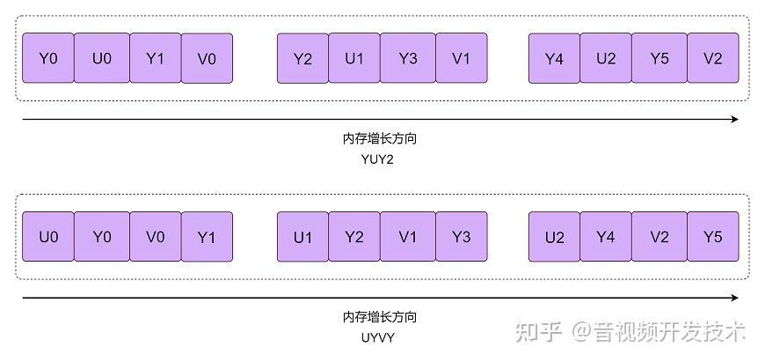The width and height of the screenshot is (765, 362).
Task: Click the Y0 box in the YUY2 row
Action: point(48,59)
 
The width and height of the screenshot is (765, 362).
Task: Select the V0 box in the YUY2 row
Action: point(207,59)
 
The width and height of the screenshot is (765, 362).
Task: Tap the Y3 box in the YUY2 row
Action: point(407,59)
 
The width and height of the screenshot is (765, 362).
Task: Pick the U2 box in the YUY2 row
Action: point(606,59)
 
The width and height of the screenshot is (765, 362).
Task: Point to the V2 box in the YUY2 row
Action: point(712,59)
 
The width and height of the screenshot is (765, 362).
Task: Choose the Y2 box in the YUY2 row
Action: point(302,59)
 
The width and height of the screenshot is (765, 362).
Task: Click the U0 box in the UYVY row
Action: point(48,237)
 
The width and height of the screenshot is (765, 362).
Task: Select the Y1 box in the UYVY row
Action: point(207,237)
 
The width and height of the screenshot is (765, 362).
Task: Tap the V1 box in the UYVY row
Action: point(407,237)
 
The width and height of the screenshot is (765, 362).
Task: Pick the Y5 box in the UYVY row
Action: point(712,237)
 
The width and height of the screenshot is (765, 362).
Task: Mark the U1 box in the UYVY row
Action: point(302,237)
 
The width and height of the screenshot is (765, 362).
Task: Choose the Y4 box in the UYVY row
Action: point(606,237)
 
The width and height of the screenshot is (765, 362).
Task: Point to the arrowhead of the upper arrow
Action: point(734,119)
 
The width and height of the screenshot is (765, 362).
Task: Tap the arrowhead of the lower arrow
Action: point(734,298)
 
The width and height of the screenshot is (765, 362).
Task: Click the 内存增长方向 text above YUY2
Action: point(380,139)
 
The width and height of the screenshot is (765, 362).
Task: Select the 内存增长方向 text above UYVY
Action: point(380,317)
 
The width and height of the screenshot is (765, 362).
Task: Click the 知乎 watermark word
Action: point(539,332)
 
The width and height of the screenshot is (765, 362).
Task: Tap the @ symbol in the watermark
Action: point(583,333)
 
